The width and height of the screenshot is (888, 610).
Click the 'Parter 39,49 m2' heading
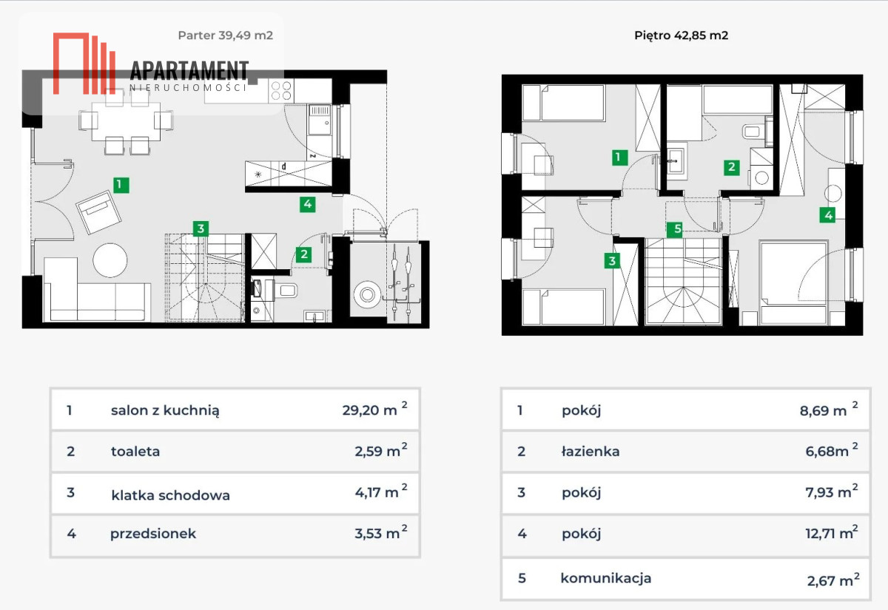[225, 35]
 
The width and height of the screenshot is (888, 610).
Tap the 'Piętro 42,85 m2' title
[681, 35]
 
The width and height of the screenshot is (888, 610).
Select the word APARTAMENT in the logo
[189, 70]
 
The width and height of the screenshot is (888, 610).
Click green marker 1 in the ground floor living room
[121, 185]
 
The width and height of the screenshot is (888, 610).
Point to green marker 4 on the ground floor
[308, 204]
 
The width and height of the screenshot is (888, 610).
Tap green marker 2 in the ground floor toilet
[303, 254]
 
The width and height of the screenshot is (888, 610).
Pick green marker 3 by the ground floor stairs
[201, 228]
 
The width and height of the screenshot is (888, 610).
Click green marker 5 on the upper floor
[674, 229]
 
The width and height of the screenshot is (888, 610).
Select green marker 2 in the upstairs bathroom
[731, 167]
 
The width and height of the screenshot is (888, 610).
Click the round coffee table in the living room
[110, 260]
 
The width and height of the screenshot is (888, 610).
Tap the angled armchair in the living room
[98, 212]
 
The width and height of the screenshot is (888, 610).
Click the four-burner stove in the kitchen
[281, 91]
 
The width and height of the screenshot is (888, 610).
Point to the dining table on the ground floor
[126, 121]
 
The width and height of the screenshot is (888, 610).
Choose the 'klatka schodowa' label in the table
[170, 495]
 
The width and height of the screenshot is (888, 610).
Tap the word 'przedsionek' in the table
[153, 534]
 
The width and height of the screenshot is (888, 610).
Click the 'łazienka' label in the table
[591, 451]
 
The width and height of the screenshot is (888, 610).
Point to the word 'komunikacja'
[606, 578]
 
